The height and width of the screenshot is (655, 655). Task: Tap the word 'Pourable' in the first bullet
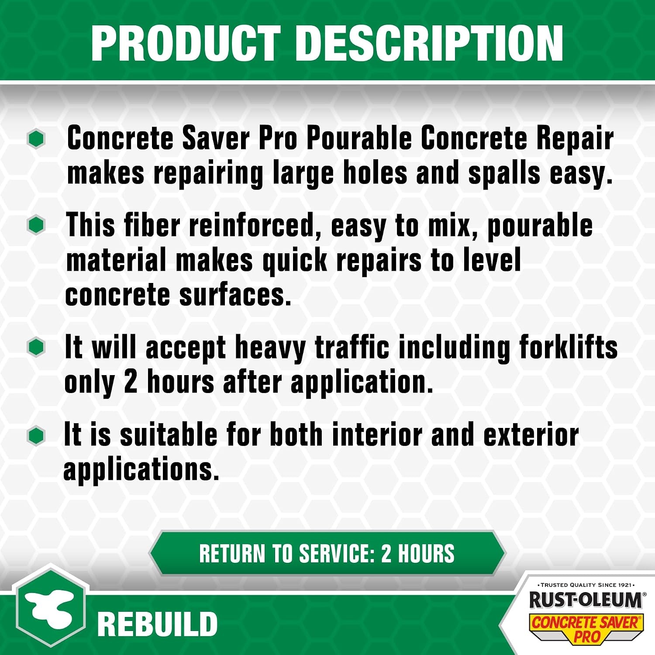(359, 138)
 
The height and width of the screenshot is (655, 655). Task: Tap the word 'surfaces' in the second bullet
(235, 295)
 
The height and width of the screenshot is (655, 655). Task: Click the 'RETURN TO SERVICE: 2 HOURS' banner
(327, 553)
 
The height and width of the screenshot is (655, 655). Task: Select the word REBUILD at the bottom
(157, 624)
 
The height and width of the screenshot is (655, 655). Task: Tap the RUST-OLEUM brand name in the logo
(585, 600)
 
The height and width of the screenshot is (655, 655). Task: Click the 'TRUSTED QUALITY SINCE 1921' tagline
(586, 585)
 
